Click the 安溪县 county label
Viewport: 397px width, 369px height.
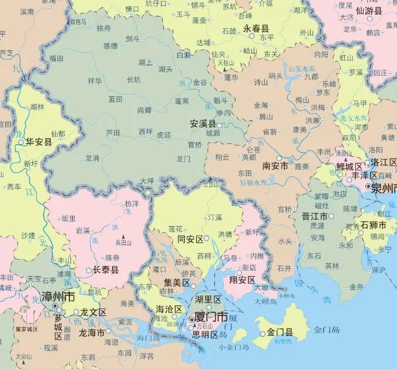click(203, 125)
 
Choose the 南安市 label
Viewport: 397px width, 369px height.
click(274, 166)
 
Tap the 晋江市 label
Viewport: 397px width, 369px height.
click(314, 216)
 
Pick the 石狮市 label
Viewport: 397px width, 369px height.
click(373, 225)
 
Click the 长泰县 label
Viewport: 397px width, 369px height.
click(106, 270)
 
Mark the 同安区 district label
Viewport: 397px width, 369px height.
click(190, 239)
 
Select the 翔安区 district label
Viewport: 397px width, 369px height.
click(243, 280)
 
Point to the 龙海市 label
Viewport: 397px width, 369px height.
click(91, 332)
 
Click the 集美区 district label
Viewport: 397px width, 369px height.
click(177, 283)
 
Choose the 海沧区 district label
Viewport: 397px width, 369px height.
click(168, 309)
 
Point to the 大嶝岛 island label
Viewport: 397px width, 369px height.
click(266, 301)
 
